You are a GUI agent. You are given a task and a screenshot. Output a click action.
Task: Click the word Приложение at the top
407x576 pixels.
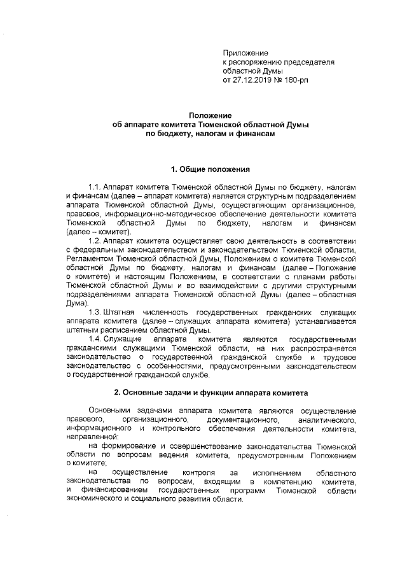point(245,52)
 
